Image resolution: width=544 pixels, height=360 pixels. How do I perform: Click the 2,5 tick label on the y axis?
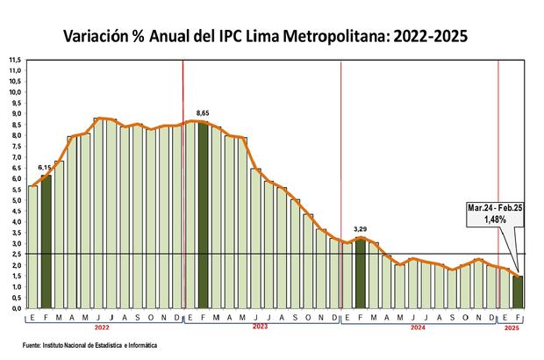point(15,255)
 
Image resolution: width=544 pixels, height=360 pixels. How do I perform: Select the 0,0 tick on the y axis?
point(15,309)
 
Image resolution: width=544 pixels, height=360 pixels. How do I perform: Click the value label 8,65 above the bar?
point(204,113)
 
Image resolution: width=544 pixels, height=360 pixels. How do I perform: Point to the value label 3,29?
point(360,229)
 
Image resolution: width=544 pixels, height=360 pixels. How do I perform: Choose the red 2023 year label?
point(259,327)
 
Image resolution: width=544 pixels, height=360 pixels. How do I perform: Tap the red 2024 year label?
point(417,327)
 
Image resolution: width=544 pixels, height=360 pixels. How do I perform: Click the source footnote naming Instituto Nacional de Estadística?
point(97,347)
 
